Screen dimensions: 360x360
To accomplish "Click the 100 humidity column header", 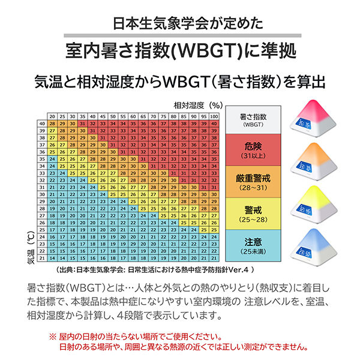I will (214, 115).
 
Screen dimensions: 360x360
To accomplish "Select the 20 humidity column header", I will (52, 115).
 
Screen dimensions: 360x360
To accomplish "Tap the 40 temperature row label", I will (42, 122).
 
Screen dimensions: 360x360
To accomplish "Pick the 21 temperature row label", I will (42, 257).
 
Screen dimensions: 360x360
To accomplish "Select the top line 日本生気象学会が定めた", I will (180, 25).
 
